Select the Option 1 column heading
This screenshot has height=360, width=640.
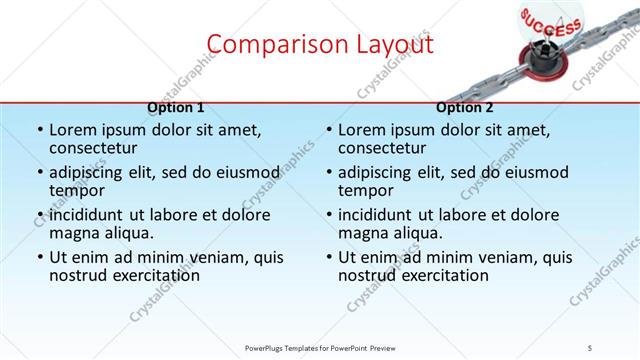[176, 107]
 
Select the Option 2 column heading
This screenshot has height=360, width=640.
[465, 107]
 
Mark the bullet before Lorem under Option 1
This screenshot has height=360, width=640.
[39, 131]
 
